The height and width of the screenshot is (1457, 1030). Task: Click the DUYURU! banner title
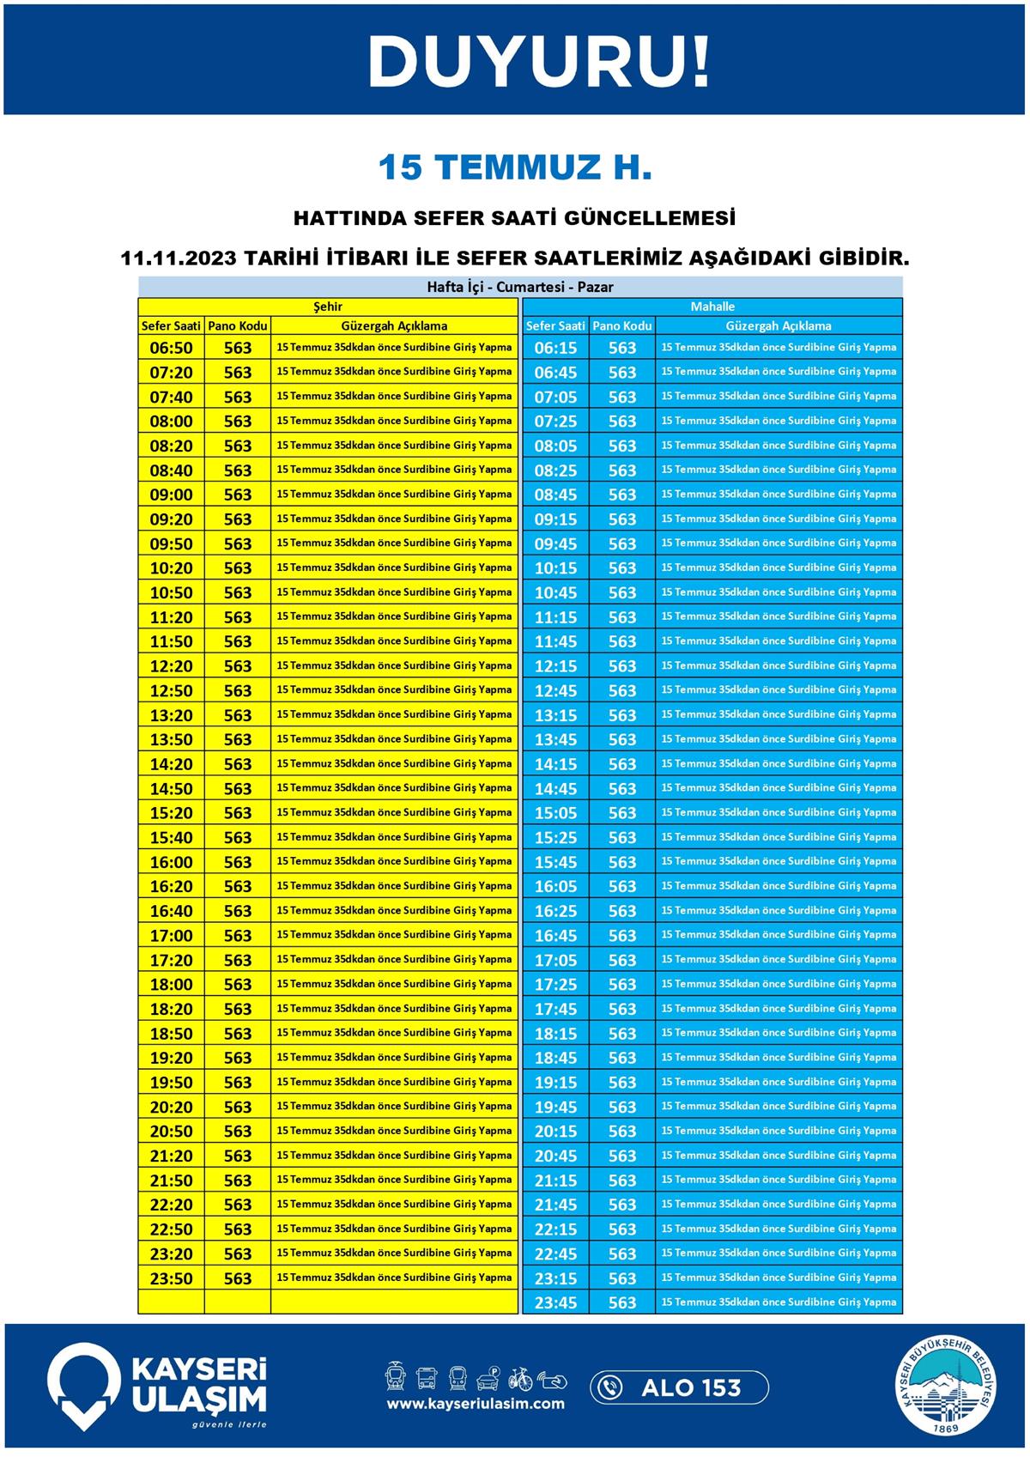[539, 61]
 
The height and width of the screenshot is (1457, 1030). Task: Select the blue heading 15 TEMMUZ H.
[515, 167]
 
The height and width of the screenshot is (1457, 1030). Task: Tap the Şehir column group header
[328, 307]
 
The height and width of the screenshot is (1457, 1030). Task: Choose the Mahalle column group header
[712, 307]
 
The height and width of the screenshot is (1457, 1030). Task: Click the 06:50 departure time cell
[172, 348]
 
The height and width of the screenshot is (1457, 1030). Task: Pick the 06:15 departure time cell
[555, 348]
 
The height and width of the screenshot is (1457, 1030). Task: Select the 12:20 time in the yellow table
[172, 666]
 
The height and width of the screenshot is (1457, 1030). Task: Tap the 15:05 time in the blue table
[555, 813]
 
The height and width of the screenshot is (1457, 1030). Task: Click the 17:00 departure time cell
[172, 936]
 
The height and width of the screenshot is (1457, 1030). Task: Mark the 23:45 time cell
[555, 1303]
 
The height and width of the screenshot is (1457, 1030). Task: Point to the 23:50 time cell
[172, 1278]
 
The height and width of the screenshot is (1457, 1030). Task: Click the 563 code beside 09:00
[238, 495]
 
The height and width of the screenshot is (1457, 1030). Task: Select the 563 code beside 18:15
[622, 1034]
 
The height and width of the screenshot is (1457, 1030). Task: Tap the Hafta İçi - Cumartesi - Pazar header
[520, 287]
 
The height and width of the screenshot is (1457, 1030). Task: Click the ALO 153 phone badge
[679, 1387]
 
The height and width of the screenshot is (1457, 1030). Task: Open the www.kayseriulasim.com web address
[476, 1404]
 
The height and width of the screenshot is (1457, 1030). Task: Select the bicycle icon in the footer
[520, 1379]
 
